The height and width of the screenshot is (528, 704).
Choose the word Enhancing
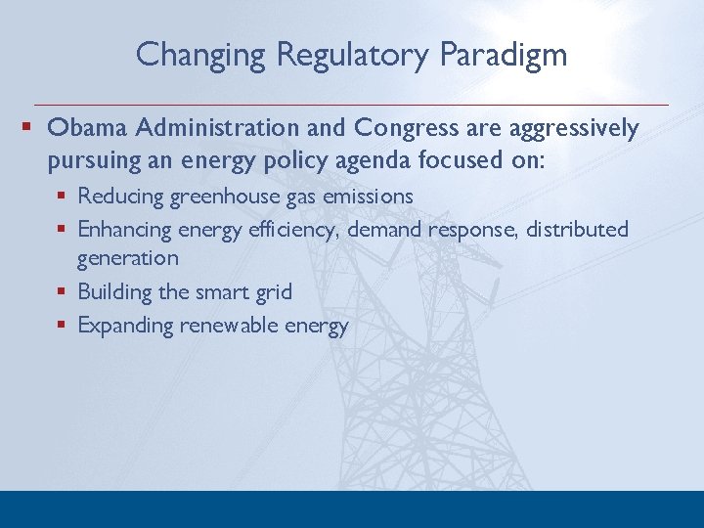click(125, 230)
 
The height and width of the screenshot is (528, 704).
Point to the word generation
click(128, 259)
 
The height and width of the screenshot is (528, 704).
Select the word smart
click(212, 291)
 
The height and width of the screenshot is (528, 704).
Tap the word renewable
click(227, 325)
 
